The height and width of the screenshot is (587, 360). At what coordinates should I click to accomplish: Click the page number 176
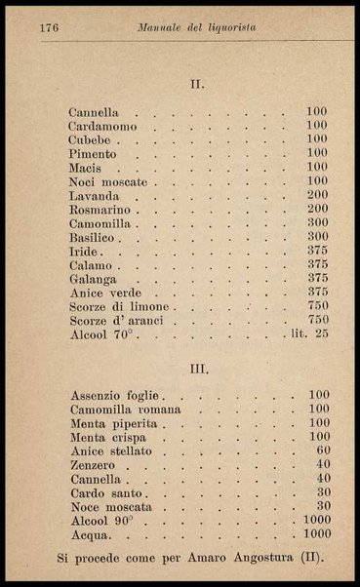51,29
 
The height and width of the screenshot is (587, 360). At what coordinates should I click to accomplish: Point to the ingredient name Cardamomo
103,126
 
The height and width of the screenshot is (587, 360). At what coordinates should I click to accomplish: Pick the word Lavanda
94,196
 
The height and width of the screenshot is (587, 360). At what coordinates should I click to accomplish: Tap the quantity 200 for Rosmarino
317,210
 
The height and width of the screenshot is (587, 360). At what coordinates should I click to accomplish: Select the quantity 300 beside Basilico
317,237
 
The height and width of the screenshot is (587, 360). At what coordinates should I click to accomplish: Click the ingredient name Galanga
94,279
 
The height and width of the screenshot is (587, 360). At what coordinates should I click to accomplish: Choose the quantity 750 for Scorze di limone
317,306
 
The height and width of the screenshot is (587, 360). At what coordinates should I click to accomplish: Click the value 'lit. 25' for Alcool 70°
307,334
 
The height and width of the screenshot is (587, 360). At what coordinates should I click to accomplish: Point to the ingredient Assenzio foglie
115,396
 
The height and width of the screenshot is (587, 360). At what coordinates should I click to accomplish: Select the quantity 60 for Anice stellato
323,451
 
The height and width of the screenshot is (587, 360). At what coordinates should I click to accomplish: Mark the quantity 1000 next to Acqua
316,534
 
